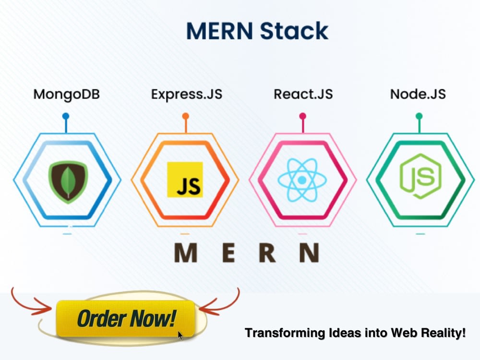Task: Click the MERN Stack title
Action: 257,31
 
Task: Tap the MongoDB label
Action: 66,94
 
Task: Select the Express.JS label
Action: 187,94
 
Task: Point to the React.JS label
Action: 303,94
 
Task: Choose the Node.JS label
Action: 418,94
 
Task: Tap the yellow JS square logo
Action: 185,180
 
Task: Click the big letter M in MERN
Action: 185,253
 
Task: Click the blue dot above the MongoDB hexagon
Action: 66,116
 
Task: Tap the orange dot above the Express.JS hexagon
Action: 185,116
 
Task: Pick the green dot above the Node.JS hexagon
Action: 419,116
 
